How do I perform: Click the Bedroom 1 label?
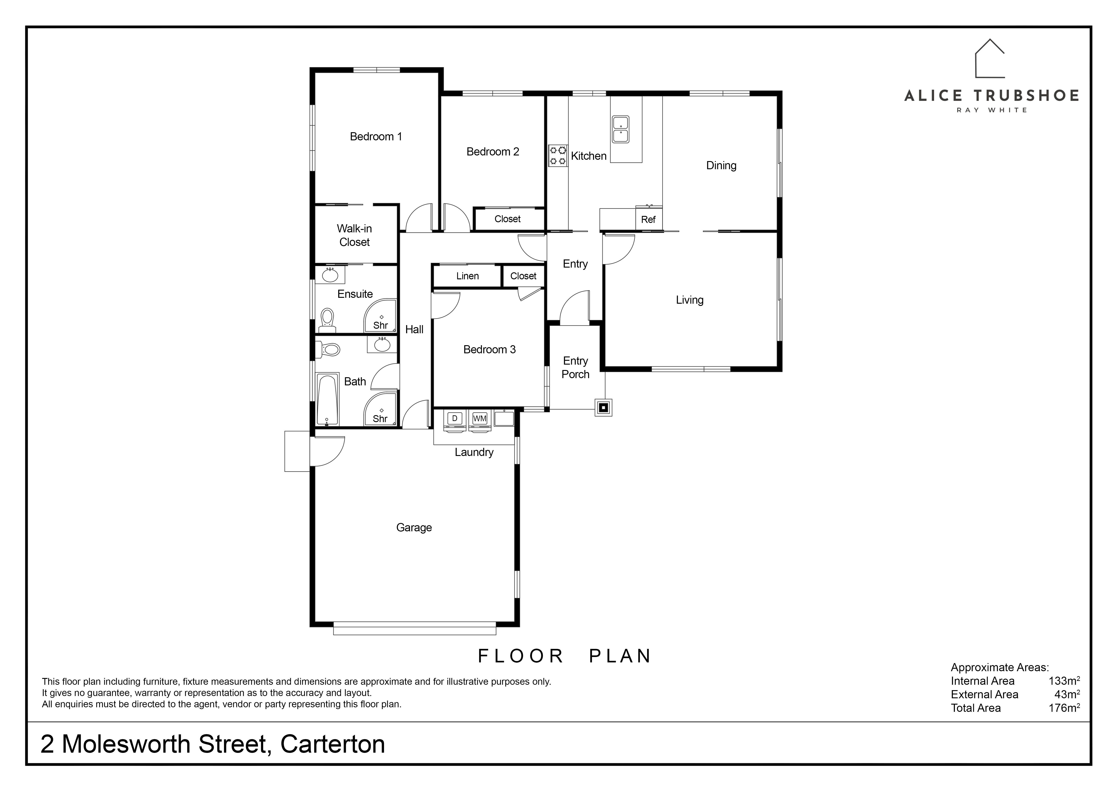point(376,136)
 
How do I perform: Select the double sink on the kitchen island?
point(620,130)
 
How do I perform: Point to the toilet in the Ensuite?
point(327,320)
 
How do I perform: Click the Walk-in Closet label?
point(354,235)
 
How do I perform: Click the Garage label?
point(414,527)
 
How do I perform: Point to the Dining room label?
point(721,166)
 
